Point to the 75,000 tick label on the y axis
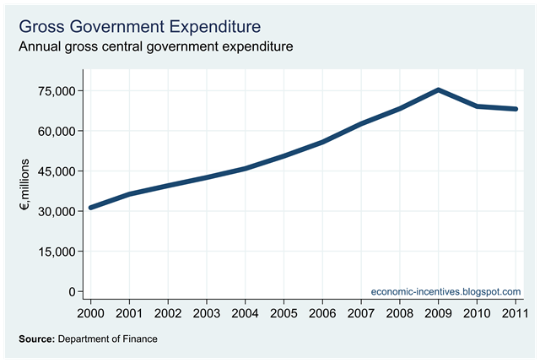(53, 90)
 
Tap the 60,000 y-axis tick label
(53, 131)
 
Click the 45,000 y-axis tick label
(53, 171)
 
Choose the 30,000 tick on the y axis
(53, 211)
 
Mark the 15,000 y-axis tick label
(53, 251)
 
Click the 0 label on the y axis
(72, 291)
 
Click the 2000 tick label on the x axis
(90, 315)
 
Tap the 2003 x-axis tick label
(206, 315)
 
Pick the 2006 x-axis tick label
(322, 315)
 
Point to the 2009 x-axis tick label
(439, 315)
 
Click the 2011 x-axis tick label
(516, 315)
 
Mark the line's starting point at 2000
(90, 207)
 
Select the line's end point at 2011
(516, 109)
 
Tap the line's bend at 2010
(478, 106)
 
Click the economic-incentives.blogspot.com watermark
(446, 291)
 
